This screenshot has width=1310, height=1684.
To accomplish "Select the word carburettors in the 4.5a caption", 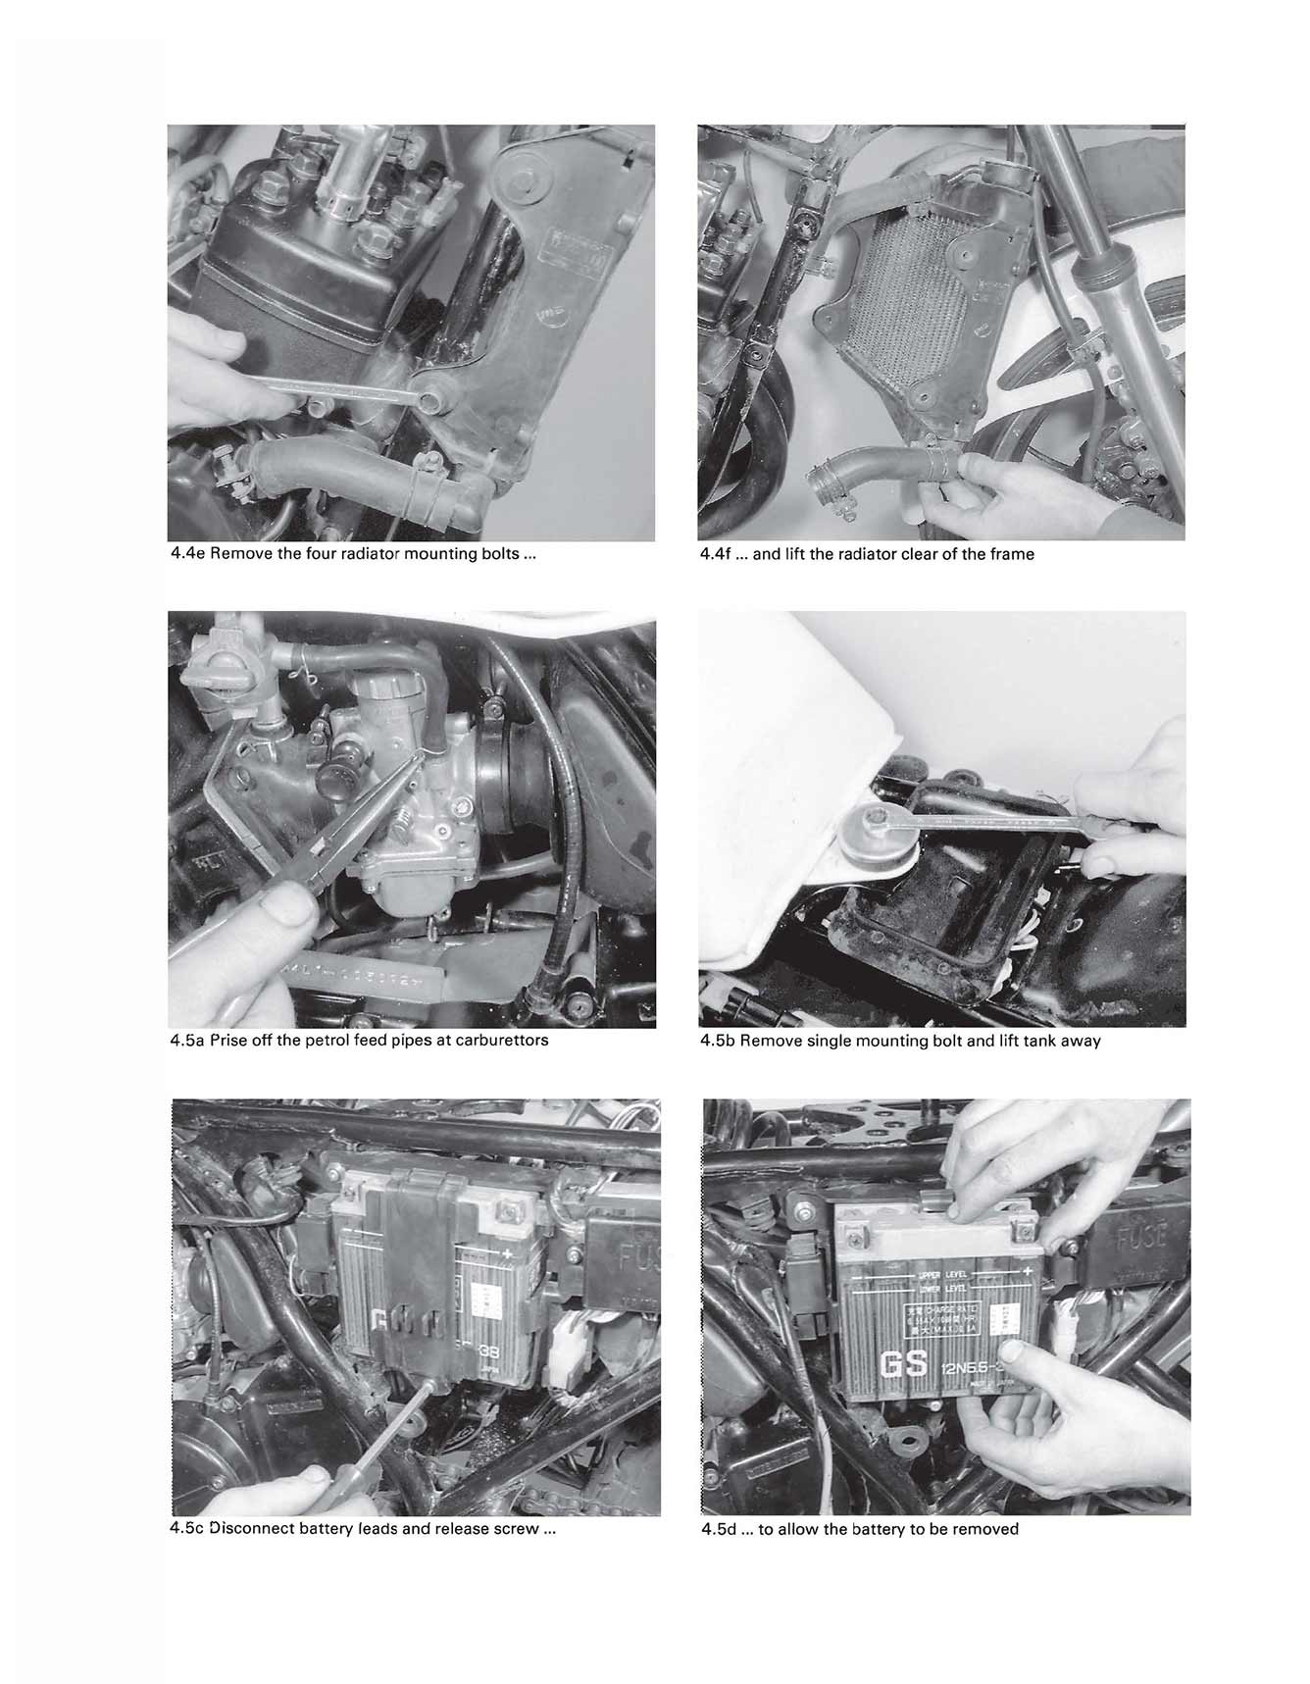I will tap(501, 1040).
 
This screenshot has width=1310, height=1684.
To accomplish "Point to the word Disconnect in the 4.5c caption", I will tap(252, 1529).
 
